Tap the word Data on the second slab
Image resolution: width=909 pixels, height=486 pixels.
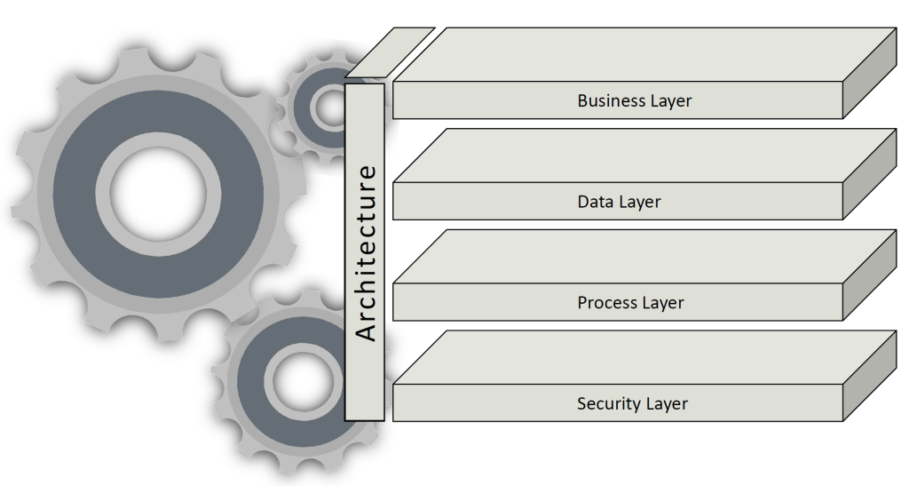pos(596,202)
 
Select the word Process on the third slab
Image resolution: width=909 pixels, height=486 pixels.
pos(607,303)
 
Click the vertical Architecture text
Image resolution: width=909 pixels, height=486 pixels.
pos(366,252)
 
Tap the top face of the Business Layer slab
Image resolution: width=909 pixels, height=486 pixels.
pos(644,54)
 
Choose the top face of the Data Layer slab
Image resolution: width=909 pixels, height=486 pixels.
pos(644,155)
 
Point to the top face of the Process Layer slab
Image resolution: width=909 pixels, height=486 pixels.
pos(644,256)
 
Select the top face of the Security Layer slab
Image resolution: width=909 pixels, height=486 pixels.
pos(644,357)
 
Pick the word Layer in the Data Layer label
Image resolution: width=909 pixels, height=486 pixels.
pos(640,202)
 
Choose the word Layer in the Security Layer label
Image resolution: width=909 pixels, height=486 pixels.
pos(667,403)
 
